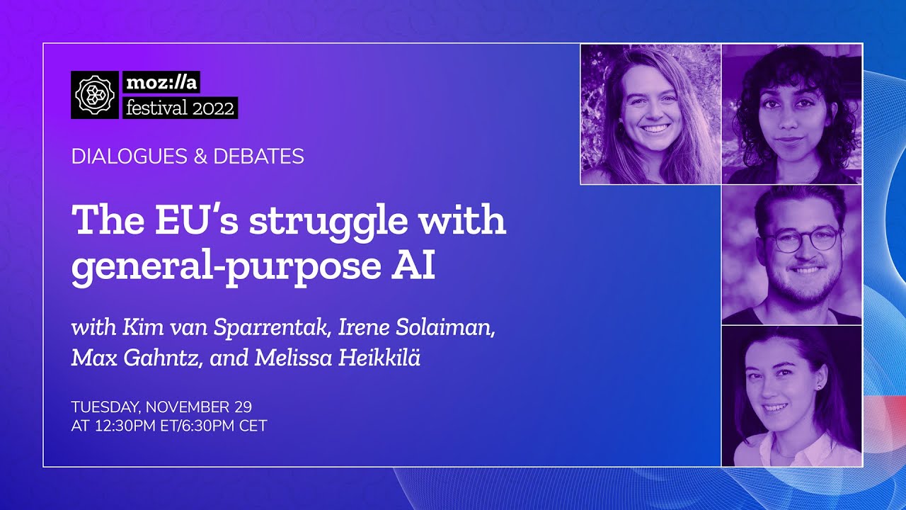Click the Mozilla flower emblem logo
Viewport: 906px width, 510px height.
pyautogui.click(x=95, y=95)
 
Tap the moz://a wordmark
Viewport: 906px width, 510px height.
pyautogui.click(x=161, y=82)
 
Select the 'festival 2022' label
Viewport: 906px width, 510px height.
pyautogui.click(x=180, y=108)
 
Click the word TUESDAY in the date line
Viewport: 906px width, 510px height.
pyautogui.click(x=105, y=407)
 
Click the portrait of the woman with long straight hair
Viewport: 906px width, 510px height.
pyautogui.click(x=650, y=114)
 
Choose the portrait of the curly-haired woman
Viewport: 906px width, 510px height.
pyautogui.click(x=791, y=114)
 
